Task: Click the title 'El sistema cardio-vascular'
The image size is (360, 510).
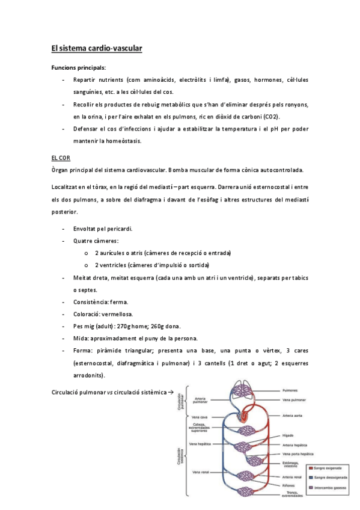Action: click(96, 48)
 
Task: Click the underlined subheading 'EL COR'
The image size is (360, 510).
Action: click(61, 157)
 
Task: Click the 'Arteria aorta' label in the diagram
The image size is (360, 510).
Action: click(294, 416)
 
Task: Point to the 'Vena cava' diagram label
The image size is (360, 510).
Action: click(200, 417)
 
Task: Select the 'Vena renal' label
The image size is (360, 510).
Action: click(200, 472)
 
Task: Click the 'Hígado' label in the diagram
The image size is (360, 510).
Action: click(289, 435)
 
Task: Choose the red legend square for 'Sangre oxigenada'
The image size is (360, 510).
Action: click(309, 466)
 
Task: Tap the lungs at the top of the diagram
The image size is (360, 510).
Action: click(243, 392)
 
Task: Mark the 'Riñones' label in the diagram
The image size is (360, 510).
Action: click(289, 485)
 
